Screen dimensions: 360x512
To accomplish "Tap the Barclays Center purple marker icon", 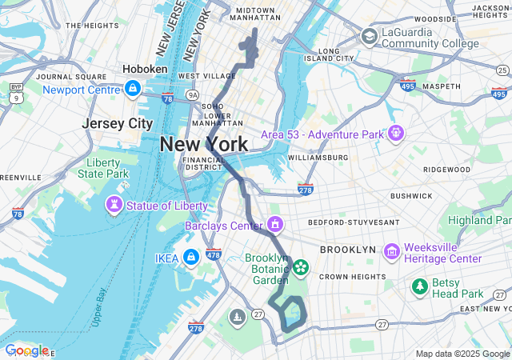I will coord(275,223).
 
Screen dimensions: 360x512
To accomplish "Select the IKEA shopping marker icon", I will coord(190,257).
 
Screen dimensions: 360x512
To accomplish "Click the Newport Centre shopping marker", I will coord(133,88).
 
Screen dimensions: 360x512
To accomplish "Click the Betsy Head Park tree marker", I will coord(419,286).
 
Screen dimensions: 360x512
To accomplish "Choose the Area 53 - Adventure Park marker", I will coord(395,134).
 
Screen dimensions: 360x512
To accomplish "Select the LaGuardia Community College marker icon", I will coord(369,36).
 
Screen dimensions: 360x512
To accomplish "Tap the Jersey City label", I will coord(117,123).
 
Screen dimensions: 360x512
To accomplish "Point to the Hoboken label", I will coord(145,70).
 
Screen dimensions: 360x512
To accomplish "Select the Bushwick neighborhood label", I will coord(411,196).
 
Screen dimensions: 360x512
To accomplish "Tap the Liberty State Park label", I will coord(108,168).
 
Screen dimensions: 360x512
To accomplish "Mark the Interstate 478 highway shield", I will coord(213,254).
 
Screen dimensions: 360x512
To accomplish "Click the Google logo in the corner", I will coord(26,350).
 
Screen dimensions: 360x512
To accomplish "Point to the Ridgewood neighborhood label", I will coord(446,170).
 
